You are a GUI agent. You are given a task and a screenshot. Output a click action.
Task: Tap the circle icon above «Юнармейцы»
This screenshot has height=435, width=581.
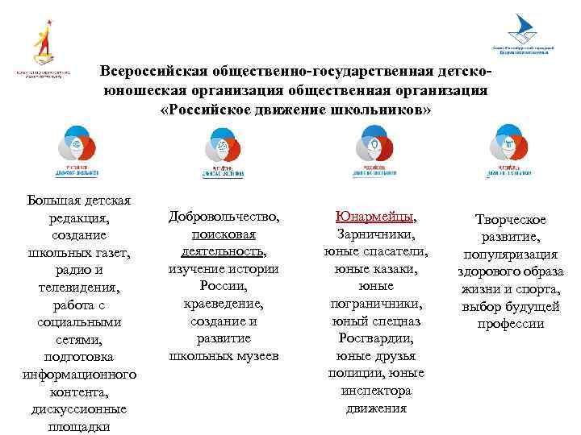(x=373, y=147)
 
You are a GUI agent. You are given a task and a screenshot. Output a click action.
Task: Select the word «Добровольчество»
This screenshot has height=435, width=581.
(x=224, y=217)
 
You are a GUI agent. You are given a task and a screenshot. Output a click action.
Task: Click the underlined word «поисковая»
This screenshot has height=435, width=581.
(x=224, y=234)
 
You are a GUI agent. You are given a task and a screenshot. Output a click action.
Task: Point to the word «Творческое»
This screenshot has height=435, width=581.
(x=510, y=220)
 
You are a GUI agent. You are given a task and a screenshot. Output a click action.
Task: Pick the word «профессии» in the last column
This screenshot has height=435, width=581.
(x=510, y=325)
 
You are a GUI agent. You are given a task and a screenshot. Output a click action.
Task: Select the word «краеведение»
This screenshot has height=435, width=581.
(x=224, y=304)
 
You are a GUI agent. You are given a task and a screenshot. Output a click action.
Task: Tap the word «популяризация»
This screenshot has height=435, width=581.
(x=510, y=255)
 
